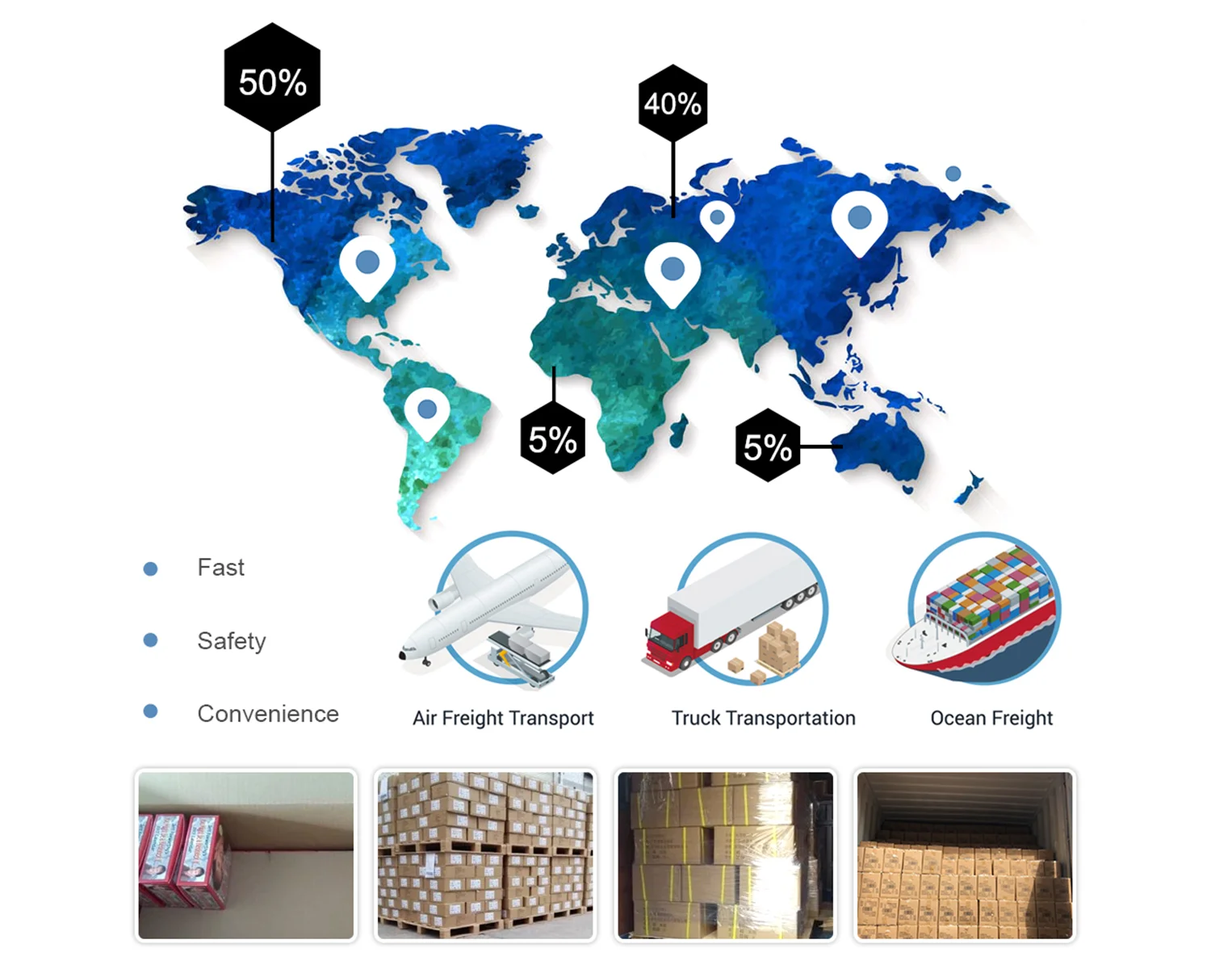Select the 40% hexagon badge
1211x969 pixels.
coord(673,103)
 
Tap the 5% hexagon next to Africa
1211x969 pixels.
coord(553,439)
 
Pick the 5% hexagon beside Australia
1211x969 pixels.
coord(767,446)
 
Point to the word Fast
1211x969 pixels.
coord(220,568)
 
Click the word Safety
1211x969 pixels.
coord(232,641)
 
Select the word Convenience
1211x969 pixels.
coord(268,714)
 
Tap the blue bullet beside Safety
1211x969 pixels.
coord(150,640)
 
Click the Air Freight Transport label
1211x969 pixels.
coord(503,718)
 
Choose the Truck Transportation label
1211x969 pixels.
coord(763,718)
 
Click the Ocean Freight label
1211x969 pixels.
coord(991,718)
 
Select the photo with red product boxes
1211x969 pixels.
coord(246,855)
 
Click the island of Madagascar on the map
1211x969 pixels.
coord(679,430)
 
